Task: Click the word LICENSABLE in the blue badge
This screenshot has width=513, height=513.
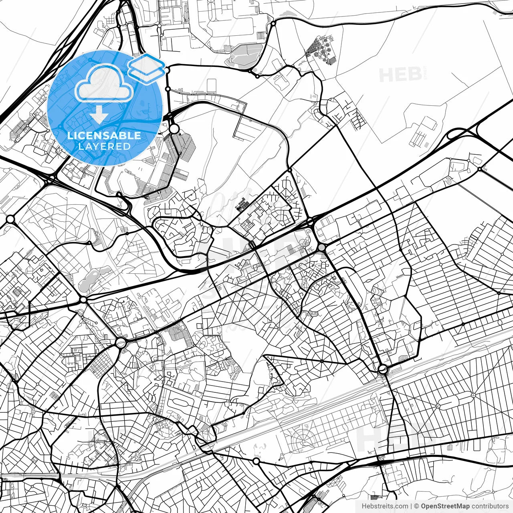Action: [x=104, y=135]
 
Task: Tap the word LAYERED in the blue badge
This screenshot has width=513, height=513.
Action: [x=104, y=146]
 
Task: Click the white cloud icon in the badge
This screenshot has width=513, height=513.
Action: [x=104, y=84]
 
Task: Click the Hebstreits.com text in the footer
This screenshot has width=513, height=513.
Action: [x=385, y=506]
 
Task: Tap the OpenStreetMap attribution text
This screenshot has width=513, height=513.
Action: [x=445, y=506]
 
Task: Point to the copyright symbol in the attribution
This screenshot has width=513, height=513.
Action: [x=417, y=506]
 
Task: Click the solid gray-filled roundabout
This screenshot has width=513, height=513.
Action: [x=322, y=248]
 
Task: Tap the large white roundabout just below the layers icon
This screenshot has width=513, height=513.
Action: [x=174, y=129]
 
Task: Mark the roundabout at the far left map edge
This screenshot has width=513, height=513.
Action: [x=10, y=219]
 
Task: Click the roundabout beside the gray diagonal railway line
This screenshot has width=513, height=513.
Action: [x=383, y=370]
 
